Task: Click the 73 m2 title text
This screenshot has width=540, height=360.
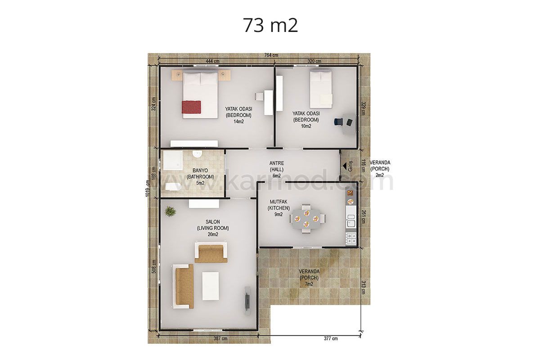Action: [x=270, y=25]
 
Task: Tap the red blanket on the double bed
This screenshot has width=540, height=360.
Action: [x=191, y=107]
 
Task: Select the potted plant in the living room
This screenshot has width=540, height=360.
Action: [x=171, y=211]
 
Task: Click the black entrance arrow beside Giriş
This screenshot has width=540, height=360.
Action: [x=345, y=166]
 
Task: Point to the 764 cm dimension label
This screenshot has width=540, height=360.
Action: [x=271, y=55]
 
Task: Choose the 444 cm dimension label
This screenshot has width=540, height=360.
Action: [x=212, y=61]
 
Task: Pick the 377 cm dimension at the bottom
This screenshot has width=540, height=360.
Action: [x=331, y=338]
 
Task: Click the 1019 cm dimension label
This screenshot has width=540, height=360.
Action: [x=148, y=189]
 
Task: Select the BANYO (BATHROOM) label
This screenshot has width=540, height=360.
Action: [x=200, y=177]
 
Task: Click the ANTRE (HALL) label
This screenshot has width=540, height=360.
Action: [x=276, y=170]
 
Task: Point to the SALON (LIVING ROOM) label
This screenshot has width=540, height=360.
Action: [x=213, y=228]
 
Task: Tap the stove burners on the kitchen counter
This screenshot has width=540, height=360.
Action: [x=351, y=238]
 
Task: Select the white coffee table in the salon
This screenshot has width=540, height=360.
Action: [x=211, y=286]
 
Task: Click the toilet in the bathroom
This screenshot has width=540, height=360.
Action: [x=173, y=187]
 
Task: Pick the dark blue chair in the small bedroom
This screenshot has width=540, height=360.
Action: [x=338, y=122]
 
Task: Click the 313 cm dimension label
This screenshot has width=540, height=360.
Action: [x=364, y=287]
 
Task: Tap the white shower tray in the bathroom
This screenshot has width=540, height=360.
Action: [x=173, y=160]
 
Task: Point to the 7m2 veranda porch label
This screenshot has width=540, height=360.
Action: [x=309, y=284]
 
